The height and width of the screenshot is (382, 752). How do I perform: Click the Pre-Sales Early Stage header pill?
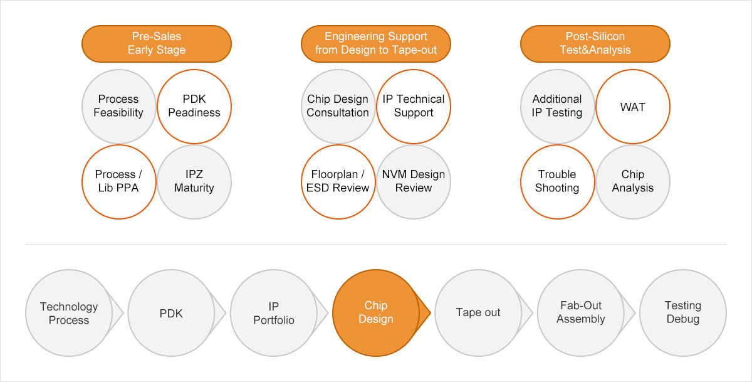click(x=157, y=43)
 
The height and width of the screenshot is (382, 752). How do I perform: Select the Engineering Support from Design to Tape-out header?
click(x=376, y=43)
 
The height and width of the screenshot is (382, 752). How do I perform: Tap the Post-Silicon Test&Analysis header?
click(x=595, y=43)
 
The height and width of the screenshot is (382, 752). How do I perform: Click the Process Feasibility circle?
click(x=119, y=106)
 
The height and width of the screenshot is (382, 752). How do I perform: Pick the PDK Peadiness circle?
click(x=194, y=106)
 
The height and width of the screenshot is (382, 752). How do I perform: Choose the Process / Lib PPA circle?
click(x=119, y=181)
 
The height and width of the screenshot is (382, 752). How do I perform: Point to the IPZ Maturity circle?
click(x=194, y=181)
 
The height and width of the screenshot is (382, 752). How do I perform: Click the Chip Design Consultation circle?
click(x=338, y=106)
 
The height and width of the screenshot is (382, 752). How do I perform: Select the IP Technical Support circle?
click(x=414, y=106)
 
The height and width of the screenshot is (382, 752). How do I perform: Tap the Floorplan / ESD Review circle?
click(x=338, y=181)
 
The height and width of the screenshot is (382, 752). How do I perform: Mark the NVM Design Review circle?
click(x=414, y=181)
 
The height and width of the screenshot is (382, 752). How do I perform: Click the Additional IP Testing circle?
click(x=558, y=106)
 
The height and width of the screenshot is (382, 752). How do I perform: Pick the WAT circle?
click(x=633, y=106)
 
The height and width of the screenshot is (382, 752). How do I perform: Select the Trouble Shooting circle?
click(x=558, y=181)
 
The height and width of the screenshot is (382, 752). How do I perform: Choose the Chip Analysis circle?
click(x=633, y=181)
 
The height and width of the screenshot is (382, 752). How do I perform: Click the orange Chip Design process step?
click(x=376, y=312)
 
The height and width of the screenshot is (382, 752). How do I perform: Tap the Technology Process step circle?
click(x=69, y=312)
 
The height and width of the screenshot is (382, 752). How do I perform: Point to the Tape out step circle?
click(x=478, y=312)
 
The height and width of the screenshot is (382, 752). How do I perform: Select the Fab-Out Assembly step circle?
click(x=581, y=312)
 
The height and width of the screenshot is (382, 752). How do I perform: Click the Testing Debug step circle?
click(x=683, y=312)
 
